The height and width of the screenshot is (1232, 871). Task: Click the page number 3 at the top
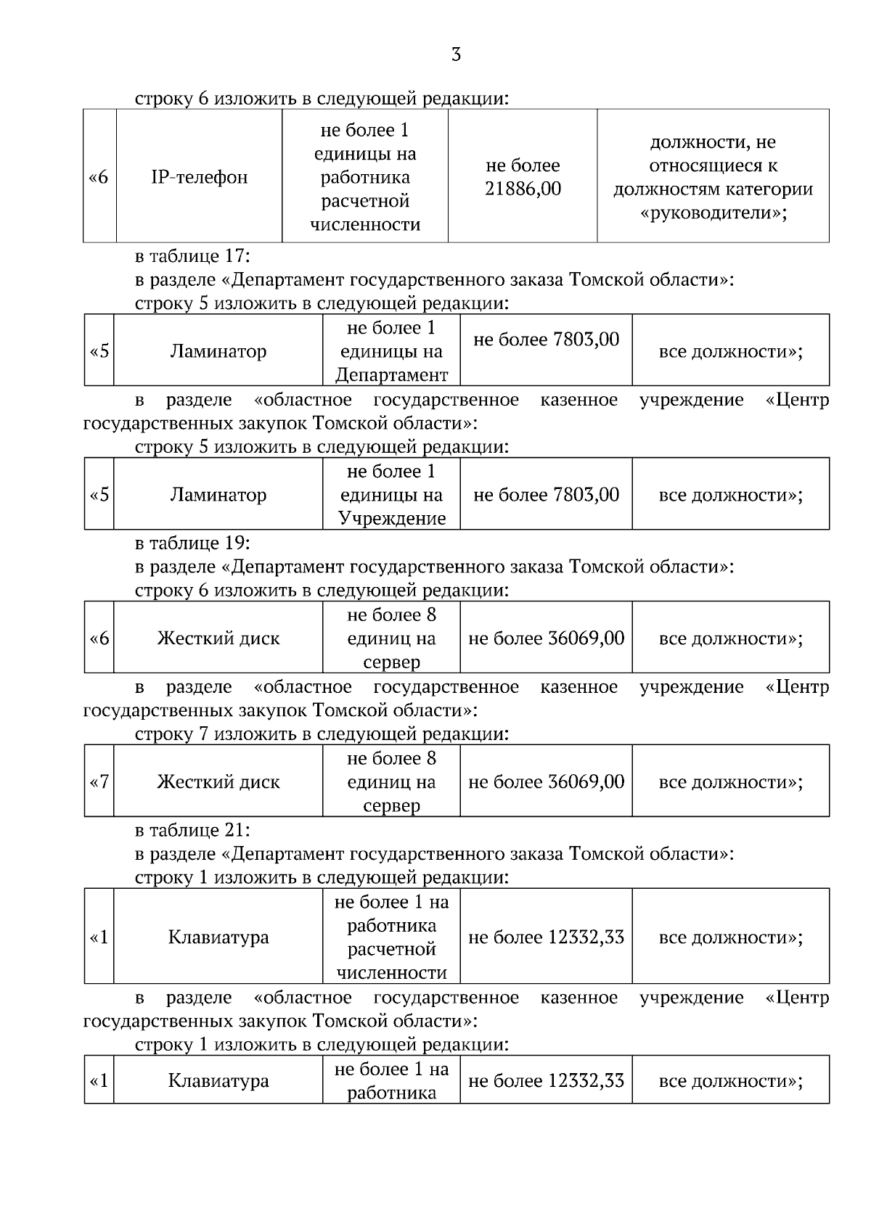[x=456, y=55]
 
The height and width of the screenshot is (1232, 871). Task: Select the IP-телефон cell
[x=199, y=177]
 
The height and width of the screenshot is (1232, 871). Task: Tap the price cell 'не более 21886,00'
[x=523, y=177]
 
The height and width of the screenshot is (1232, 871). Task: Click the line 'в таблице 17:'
[x=192, y=256]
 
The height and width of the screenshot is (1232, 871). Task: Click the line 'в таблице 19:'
[x=192, y=543]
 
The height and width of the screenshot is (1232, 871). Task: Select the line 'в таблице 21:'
[x=192, y=830]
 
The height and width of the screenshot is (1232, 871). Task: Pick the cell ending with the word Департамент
[x=391, y=351]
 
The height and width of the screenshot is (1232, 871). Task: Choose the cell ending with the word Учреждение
[x=391, y=495]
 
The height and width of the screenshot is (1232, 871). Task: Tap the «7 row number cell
[x=99, y=782]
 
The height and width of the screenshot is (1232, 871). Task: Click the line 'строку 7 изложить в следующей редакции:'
[x=322, y=734]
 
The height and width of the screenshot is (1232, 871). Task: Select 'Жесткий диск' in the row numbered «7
[x=218, y=782]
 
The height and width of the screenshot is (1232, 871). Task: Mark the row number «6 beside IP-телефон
[x=99, y=177]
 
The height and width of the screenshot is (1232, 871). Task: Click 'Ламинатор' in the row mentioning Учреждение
[x=218, y=495]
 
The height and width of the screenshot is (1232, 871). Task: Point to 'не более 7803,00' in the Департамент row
[x=546, y=340]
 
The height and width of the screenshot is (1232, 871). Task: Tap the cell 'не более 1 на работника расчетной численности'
[x=391, y=937]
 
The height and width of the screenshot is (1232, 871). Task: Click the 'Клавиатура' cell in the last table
[x=218, y=1081]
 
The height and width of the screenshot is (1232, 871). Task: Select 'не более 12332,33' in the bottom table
[x=546, y=1081]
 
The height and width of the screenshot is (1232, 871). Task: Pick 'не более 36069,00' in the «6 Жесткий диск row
[x=546, y=638]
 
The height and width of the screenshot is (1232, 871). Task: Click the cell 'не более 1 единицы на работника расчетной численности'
[x=365, y=177]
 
